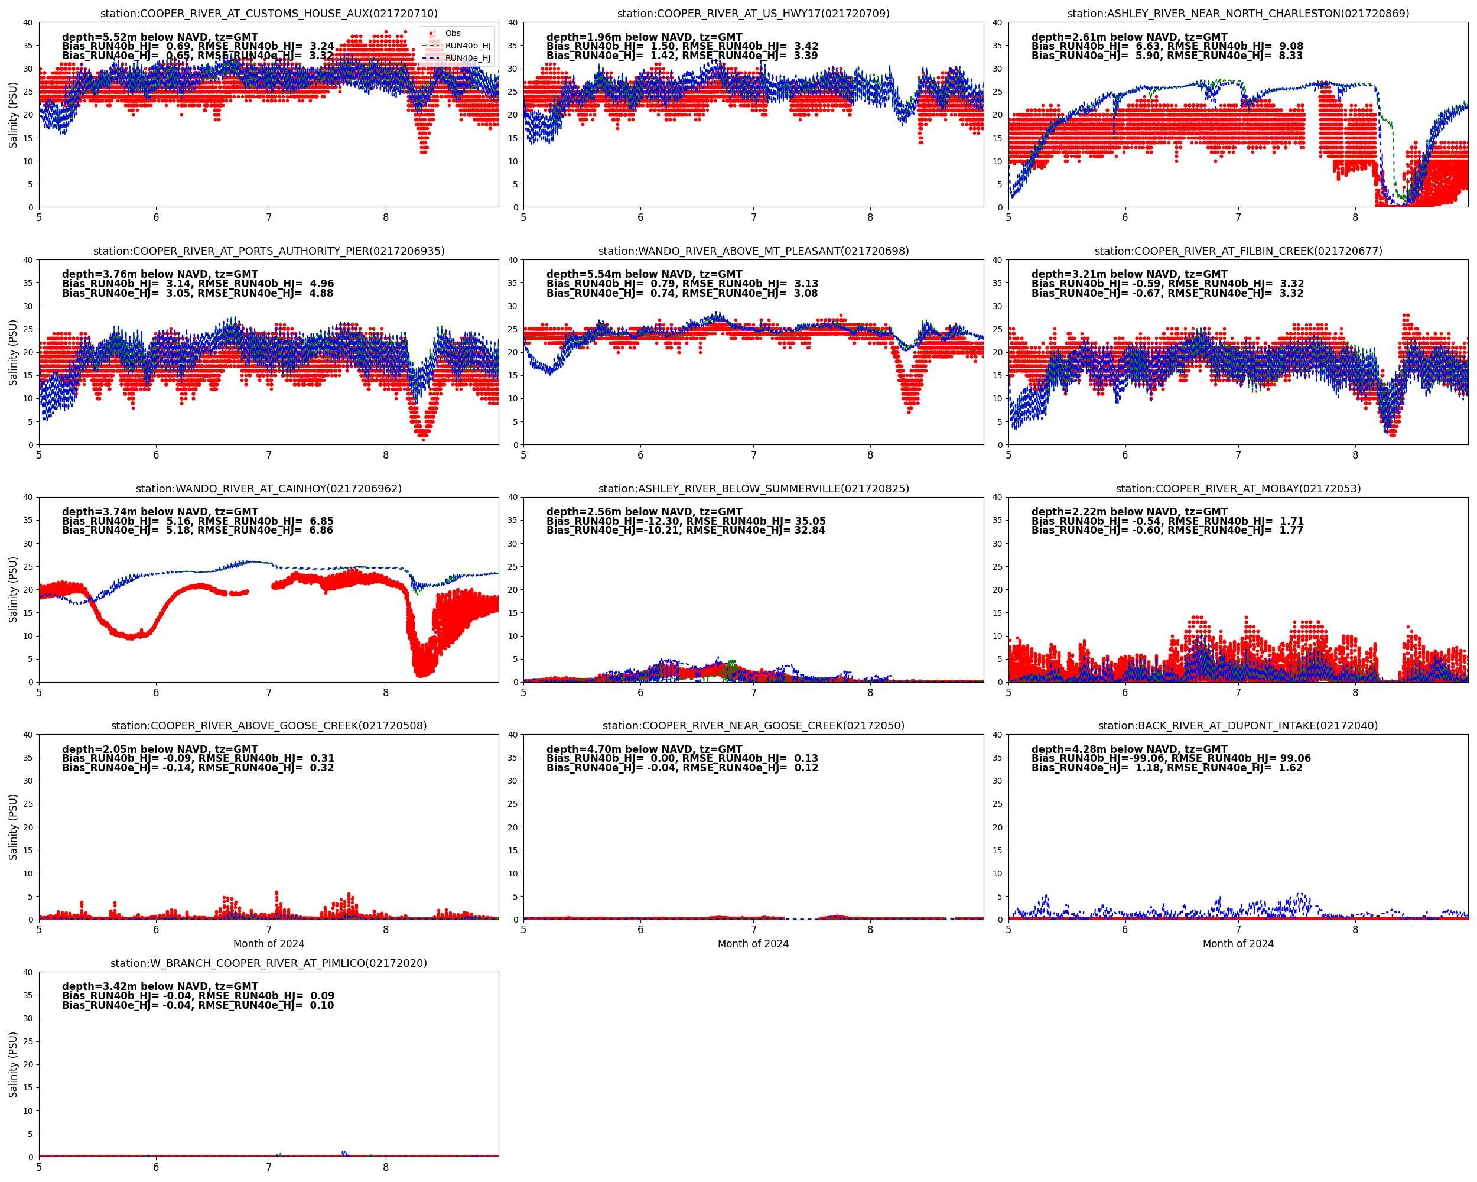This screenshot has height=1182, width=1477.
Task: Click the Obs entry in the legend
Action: pos(452,33)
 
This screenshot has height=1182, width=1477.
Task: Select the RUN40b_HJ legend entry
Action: pos(467,46)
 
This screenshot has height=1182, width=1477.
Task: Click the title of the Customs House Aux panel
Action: pos(269,13)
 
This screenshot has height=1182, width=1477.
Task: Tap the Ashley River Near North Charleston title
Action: pos(1238,13)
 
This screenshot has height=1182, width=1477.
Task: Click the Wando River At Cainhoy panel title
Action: pos(269,489)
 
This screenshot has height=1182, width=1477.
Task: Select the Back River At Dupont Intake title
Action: pos(1238,726)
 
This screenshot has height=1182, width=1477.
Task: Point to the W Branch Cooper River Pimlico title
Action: pos(269,963)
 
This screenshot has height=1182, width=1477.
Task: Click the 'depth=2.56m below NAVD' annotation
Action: pos(644,512)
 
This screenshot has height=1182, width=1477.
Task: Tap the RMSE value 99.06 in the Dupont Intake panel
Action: pos(1294,758)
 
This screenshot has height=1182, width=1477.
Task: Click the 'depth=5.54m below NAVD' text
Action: pos(644,274)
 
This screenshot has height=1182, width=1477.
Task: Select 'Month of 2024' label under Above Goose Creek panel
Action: pos(269,944)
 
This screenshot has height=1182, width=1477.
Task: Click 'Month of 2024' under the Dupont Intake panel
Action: pos(1238,944)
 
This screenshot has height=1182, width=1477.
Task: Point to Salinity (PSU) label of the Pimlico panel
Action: pos(13,1064)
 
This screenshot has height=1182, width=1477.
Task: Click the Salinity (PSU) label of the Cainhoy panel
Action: pos(13,589)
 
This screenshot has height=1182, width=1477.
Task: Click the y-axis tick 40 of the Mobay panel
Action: pos(997,498)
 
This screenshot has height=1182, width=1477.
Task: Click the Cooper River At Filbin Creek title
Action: pos(1238,251)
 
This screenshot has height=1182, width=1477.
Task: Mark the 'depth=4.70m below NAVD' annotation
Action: pos(644,749)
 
